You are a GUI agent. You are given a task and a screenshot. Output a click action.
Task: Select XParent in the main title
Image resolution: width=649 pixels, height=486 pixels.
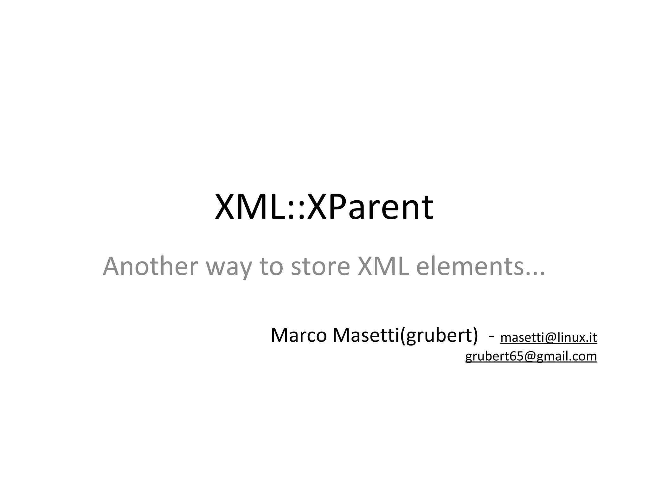click(x=370, y=207)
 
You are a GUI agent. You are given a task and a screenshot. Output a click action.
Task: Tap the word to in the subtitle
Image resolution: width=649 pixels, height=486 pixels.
click(x=271, y=266)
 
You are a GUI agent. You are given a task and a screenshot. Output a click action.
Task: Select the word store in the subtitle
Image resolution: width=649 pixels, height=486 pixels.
click(x=320, y=266)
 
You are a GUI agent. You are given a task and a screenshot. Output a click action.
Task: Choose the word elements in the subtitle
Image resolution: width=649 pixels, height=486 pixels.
click(x=469, y=266)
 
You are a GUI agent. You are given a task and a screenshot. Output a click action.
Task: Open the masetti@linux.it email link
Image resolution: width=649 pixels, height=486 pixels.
click(x=549, y=338)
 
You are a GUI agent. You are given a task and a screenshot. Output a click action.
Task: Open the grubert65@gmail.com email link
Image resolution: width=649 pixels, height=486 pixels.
click(x=531, y=356)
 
